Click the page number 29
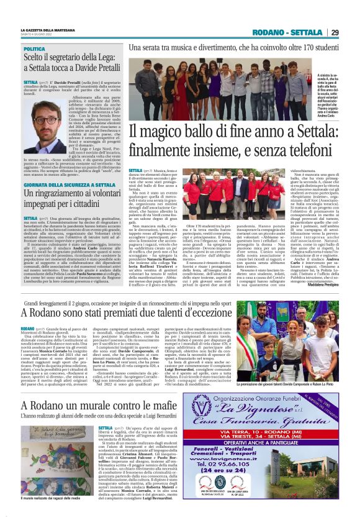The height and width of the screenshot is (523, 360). coord(335,32)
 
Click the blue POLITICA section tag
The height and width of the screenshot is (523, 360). coord(35,48)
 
